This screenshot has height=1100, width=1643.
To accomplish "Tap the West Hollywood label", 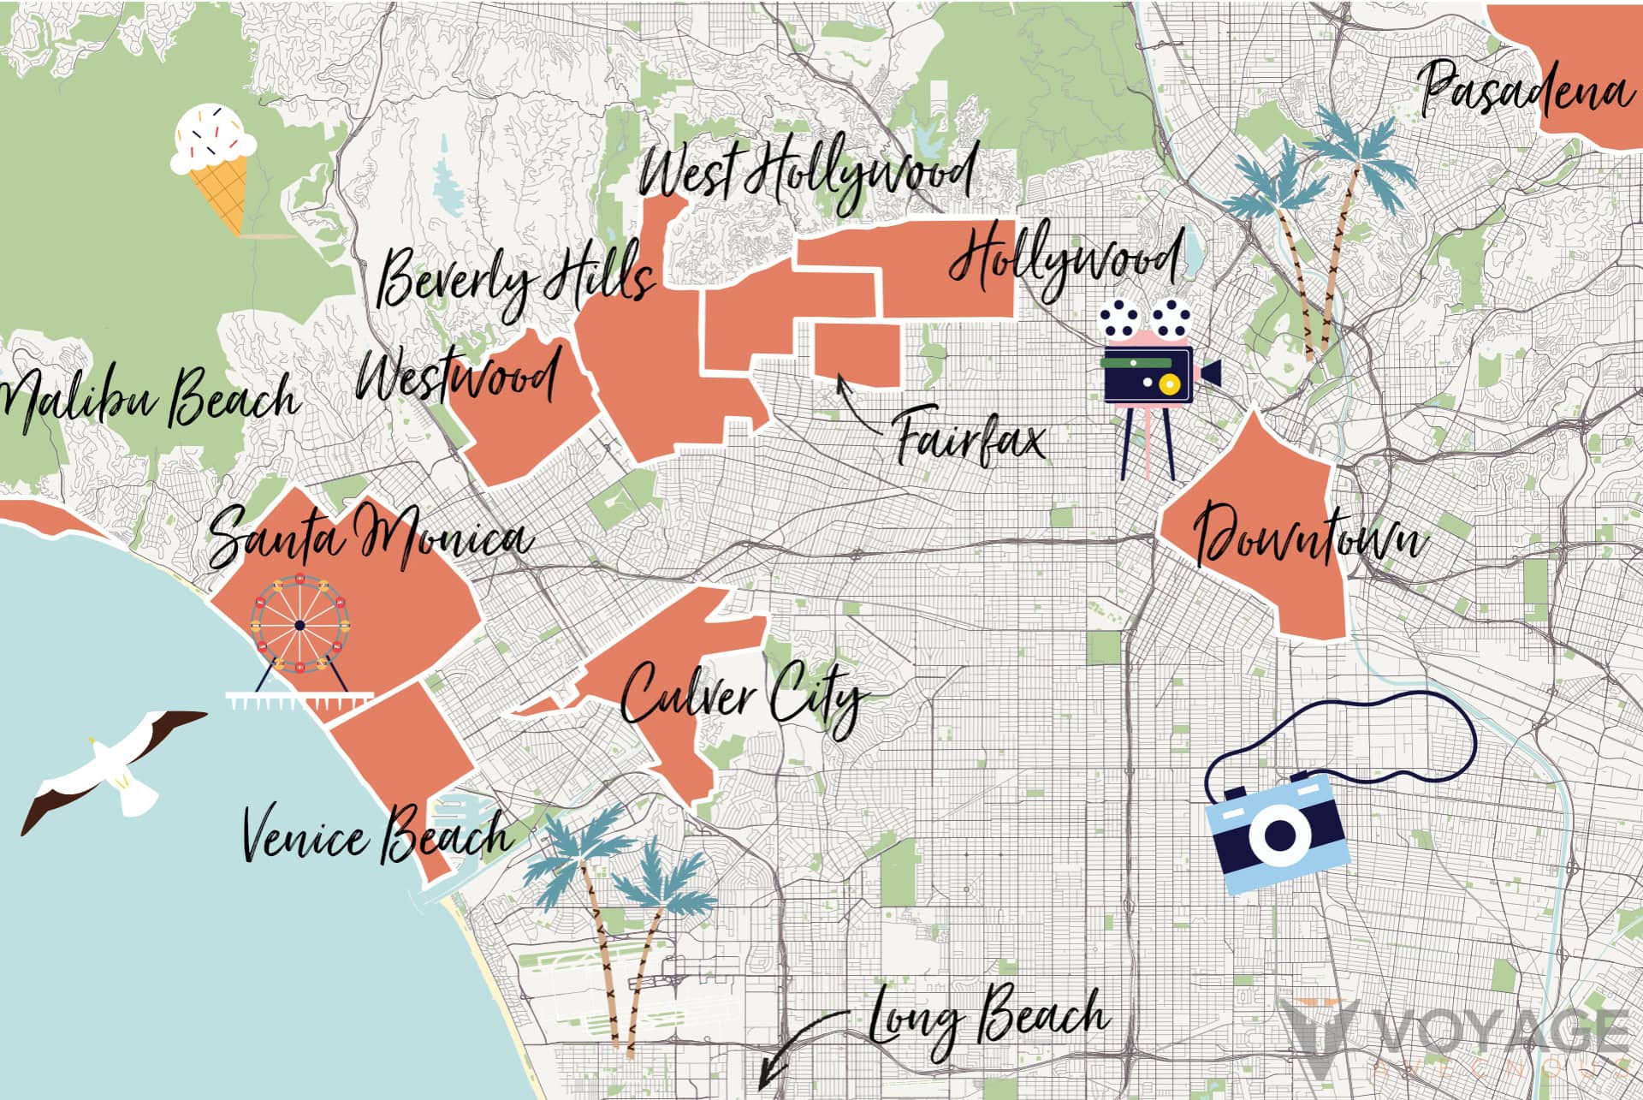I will tap(806, 175).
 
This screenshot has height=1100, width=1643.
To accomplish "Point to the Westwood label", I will tap(458, 377).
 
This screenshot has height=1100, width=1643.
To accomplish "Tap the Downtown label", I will tap(1309, 535).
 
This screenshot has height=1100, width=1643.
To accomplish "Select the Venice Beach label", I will tap(377, 835).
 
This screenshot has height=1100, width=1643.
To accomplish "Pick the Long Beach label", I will tap(988, 1019).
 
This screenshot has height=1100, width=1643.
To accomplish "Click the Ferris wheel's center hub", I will tap(300, 626).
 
